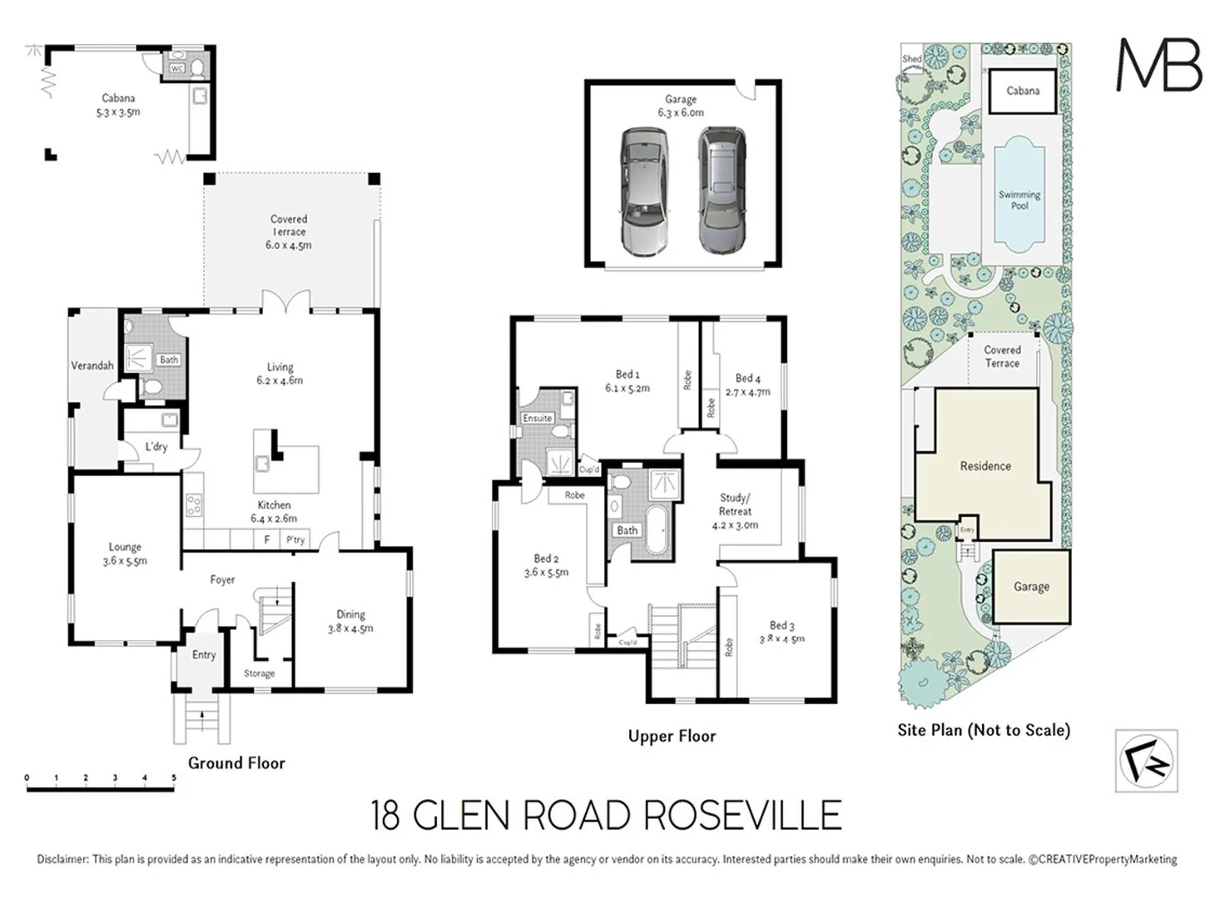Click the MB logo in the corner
click(1158, 64)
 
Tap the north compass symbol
click(1146, 760)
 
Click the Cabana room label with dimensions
click(118, 105)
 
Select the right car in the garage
click(722, 190)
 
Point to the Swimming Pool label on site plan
click(1019, 200)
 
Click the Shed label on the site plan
click(912, 59)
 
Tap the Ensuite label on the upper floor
click(538, 418)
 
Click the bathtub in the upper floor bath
click(657, 529)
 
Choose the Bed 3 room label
click(781, 632)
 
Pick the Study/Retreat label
click(735, 511)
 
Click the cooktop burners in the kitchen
click(193, 505)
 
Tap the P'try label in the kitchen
click(295, 539)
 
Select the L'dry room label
click(156, 447)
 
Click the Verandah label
click(92, 365)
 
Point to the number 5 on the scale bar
click(174, 778)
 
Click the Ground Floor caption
click(236, 762)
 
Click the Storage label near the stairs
click(259, 673)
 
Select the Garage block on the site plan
click(1031, 586)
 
